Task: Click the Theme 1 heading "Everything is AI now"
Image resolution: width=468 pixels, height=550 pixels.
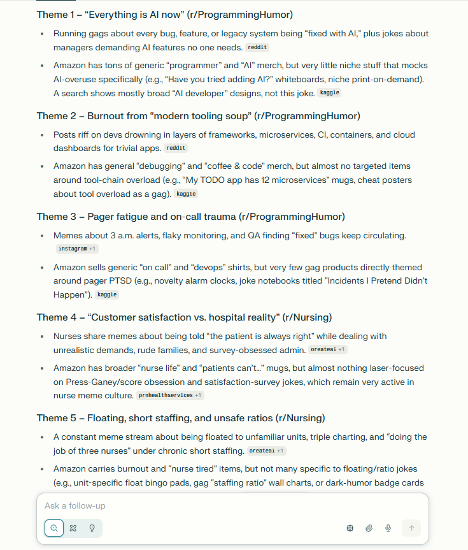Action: pyautogui.click(x=165, y=14)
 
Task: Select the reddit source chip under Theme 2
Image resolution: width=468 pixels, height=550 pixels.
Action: pyautogui.click(x=176, y=148)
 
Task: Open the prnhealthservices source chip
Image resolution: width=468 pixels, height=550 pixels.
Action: pyautogui.click(x=169, y=395)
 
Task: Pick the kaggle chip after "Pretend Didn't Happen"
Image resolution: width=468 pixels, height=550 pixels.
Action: pyautogui.click(x=107, y=294)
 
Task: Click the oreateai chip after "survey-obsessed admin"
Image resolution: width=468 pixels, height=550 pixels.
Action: pyautogui.click(x=327, y=349)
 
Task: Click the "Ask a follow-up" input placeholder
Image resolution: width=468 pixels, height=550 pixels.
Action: pyautogui.click(x=75, y=506)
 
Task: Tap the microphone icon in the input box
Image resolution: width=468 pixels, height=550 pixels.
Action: pyautogui.click(x=388, y=528)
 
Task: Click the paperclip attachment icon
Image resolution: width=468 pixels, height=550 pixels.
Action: pyautogui.click(x=369, y=528)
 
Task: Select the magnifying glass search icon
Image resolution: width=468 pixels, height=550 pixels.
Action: pyautogui.click(x=54, y=528)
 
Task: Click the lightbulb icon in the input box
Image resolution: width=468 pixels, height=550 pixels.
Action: pyautogui.click(x=92, y=528)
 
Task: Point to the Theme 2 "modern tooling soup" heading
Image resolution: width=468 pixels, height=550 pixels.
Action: pyautogui.click(x=198, y=115)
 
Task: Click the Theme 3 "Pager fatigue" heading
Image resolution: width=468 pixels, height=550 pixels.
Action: pyautogui.click(x=191, y=216)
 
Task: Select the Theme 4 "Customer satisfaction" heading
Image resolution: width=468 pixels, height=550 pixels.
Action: pyautogui.click(x=184, y=317)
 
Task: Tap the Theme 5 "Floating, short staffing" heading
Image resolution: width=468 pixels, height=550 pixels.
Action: pyautogui.click(x=181, y=418)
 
